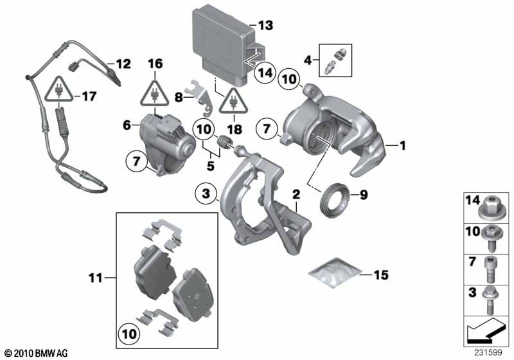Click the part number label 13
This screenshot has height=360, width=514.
pos(265,26)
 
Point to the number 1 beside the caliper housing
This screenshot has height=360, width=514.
pos(403,147)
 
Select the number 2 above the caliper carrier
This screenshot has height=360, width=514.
pos(297,193)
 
